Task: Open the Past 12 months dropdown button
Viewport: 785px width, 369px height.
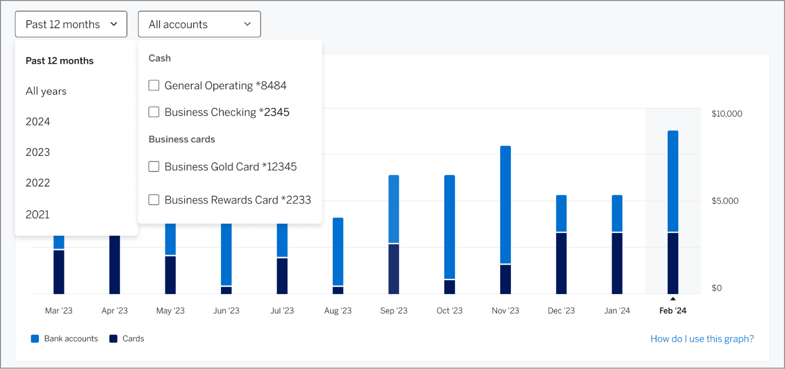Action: coord(71,24)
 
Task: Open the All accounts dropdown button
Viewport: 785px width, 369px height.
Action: coord(199,24)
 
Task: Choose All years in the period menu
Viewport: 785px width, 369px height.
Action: coord(46,91)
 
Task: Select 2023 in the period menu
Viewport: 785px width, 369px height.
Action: coord(38,152)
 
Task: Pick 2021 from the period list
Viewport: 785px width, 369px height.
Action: coord(38,214)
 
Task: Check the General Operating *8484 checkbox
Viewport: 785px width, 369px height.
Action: coord(154,85)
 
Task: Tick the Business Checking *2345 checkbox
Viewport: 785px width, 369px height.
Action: coord(154,112)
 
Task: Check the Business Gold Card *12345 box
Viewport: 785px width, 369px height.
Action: coord(154,167)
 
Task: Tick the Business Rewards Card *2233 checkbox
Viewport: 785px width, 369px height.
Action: coord(154,200)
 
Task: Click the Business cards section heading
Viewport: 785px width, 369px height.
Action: coord(182,139)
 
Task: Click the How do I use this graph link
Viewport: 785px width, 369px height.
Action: coord(702,339)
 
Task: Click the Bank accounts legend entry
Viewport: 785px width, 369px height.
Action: coord(65,339)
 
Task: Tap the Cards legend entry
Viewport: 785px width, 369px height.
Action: coord(127,339)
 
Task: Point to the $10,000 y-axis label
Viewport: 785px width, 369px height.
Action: coord(726,114)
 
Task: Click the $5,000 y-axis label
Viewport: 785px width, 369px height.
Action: coord(725,201)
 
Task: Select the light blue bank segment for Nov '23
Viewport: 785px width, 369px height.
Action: coord(505,205)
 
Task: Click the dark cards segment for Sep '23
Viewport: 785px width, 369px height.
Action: coord(393,269)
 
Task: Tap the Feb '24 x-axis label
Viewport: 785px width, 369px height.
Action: coord(673,311)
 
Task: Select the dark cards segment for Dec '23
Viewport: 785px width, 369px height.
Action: coord(561,263)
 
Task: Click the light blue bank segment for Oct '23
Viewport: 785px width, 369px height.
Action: coord(449,227)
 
